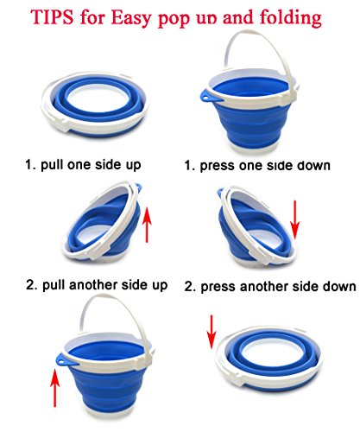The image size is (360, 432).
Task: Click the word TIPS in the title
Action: pyautogui.click(x=52, y=16)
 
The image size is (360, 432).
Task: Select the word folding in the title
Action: pyautogui.click(x=291, y=18)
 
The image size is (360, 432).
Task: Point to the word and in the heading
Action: pyautogui.click(x=239, y=17)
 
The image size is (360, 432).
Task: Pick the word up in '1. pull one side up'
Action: pyautogui.click(x=133, y=166)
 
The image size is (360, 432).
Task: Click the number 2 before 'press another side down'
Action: pyautogui.click(x=188, y=287)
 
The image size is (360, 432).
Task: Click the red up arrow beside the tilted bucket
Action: pyautogui.click(x=147, y=226)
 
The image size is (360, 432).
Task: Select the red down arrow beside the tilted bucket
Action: pyautogui.click(x=295, y=220)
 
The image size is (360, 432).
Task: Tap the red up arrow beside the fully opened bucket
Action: pyautogui.click(x=54, y=388)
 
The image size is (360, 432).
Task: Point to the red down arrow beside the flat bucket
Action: pyautogui.click(x=212, y=332)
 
